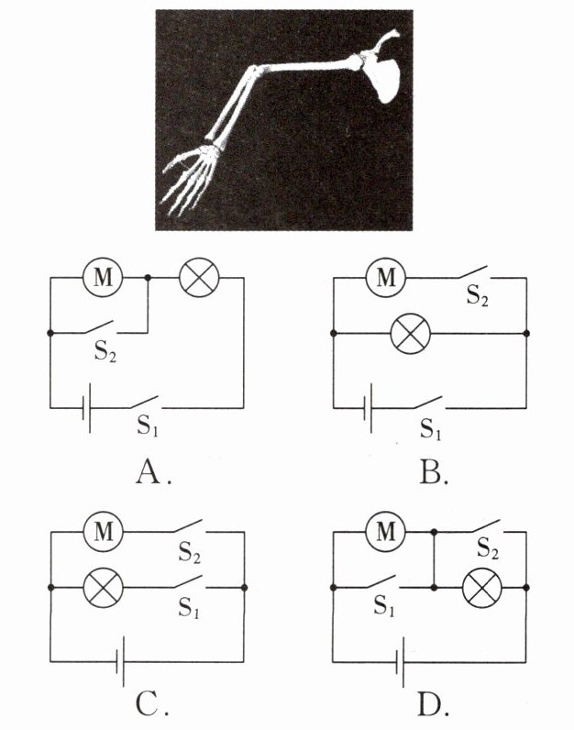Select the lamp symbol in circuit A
pyautogui.click(x=195, y=278)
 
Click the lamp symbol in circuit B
pyautogui.click(x=410, y=332)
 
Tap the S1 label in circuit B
pyautogui.click(x=431, y=427)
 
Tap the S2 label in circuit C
pyautogui.click(x=191, y=553)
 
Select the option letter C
pyautogui.click(x=148, y=704)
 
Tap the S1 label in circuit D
pyautogui.click(x=383, y=606)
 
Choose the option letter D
pyautogui.click(x=432, y=704)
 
